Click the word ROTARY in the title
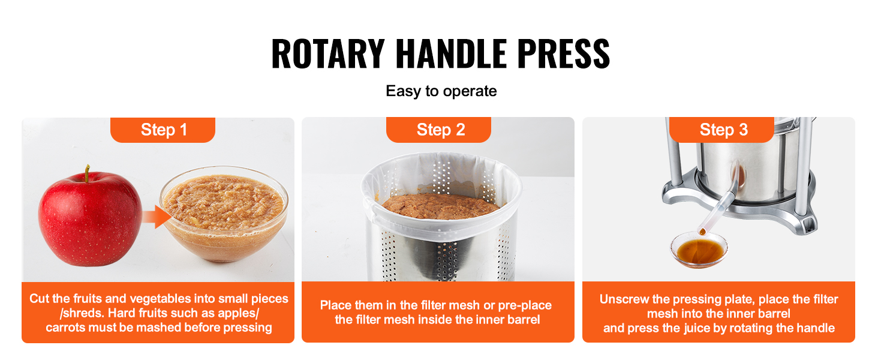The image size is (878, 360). [x=327, y=54]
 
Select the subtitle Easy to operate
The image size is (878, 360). [x=441, y=91]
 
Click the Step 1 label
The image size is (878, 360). [x=164, y=130]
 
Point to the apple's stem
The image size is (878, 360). [x=87, y=173]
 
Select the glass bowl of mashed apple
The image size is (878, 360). [x=224, y=214]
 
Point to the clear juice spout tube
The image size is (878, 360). [x=718, y=204]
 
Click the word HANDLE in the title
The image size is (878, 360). [x=451, y=54]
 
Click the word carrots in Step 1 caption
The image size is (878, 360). [x=64, y=328]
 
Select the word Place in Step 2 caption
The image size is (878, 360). [x=337, y=305]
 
